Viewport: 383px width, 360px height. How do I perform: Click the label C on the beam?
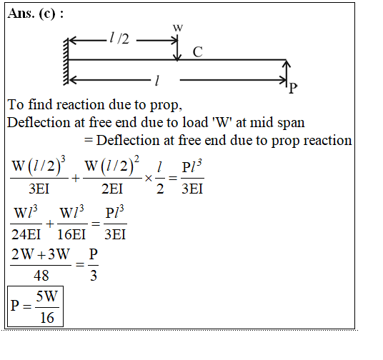(197, 52)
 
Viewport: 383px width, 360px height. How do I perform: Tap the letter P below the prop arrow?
(293, 88)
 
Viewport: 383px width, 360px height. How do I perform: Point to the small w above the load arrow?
(178, 28)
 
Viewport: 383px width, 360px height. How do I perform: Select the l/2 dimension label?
(119, 39)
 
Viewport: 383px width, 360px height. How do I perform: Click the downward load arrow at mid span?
(177, 48)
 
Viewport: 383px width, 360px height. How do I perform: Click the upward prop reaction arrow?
(287, 74)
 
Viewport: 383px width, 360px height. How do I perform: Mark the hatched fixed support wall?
(66, 61)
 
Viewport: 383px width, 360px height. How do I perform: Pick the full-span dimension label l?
(157, 80)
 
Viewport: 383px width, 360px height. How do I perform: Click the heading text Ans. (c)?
(36, 14)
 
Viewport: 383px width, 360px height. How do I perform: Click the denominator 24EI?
(26, 234)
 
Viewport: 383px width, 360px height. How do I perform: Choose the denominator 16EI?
(71, 234)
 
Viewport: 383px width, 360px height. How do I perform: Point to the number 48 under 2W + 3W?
(41, 276)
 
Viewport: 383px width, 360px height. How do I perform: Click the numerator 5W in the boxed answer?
(47, 296)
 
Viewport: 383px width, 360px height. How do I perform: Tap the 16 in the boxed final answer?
(47, 318)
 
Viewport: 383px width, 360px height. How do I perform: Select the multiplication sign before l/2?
(149, 179)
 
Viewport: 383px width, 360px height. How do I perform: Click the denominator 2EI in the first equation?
(112, 189)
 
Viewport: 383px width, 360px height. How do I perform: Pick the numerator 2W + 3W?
(41, 254)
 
